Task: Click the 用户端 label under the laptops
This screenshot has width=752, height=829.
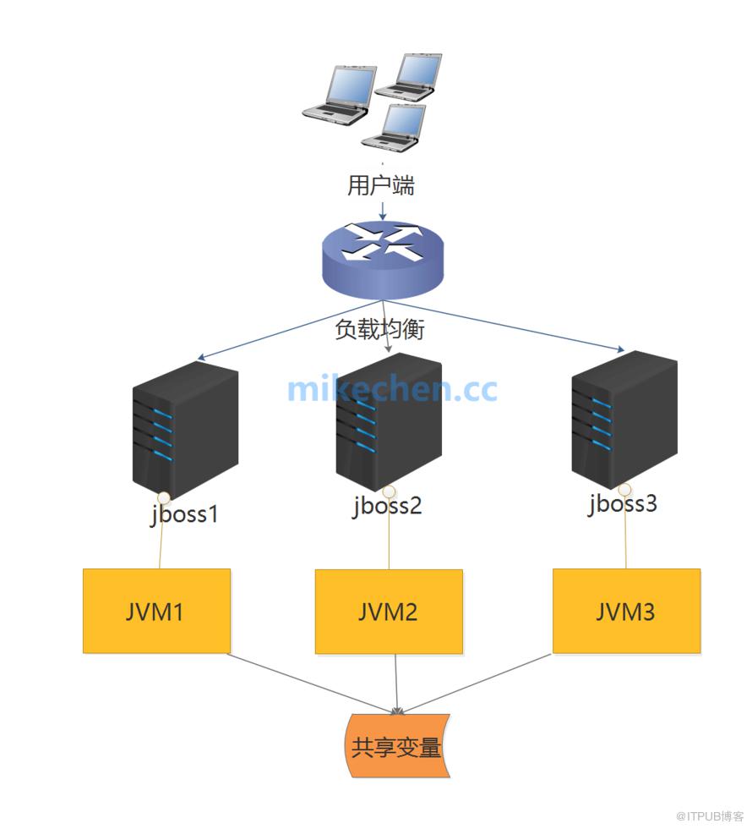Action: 381,185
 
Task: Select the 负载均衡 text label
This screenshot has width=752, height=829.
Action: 379,330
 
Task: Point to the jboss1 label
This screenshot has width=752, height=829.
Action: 185,513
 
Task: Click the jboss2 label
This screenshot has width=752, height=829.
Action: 387,506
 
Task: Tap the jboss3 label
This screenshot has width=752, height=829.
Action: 623,504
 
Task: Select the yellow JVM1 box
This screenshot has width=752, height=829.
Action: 156,611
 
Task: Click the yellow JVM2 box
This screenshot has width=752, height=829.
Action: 389,612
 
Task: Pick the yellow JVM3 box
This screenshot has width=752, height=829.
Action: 626,611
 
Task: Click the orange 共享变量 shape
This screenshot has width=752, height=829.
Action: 396,747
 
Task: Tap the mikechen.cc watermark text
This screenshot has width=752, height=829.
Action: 392,389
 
